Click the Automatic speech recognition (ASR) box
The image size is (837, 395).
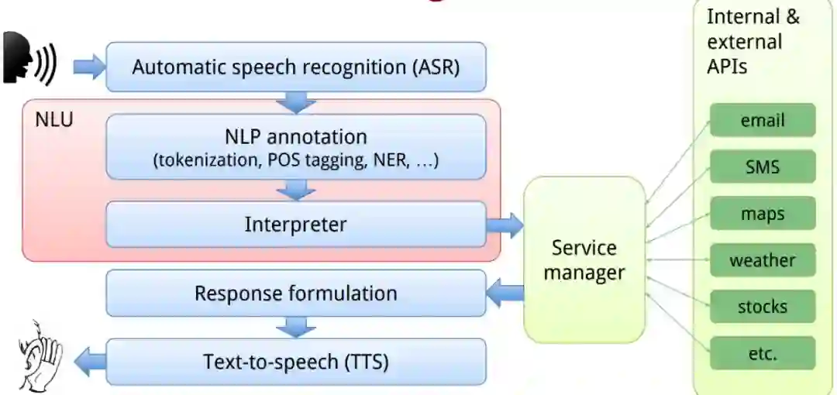(x=295, y=67)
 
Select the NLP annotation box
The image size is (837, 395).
(x=295, y=147)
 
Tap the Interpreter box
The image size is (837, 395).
(x=295, y=225)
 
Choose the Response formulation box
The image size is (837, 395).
(x=295, y=294)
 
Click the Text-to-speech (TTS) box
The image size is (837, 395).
(x=295, y=362)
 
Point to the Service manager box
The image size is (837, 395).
(x=584, y=260)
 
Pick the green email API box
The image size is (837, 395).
(x=763, y=121)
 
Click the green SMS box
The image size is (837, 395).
(x=763, y=167)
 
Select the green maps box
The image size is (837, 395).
(x=763, y=214)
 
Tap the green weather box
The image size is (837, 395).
(x=763, y=260)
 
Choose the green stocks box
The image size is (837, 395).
(x=763, y=307)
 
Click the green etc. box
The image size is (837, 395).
(x=763, y=353)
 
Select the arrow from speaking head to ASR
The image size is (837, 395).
(x=88, y=67)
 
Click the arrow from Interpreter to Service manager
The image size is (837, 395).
(x=505, y=225)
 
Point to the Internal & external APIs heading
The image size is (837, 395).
(x=753, y=41)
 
